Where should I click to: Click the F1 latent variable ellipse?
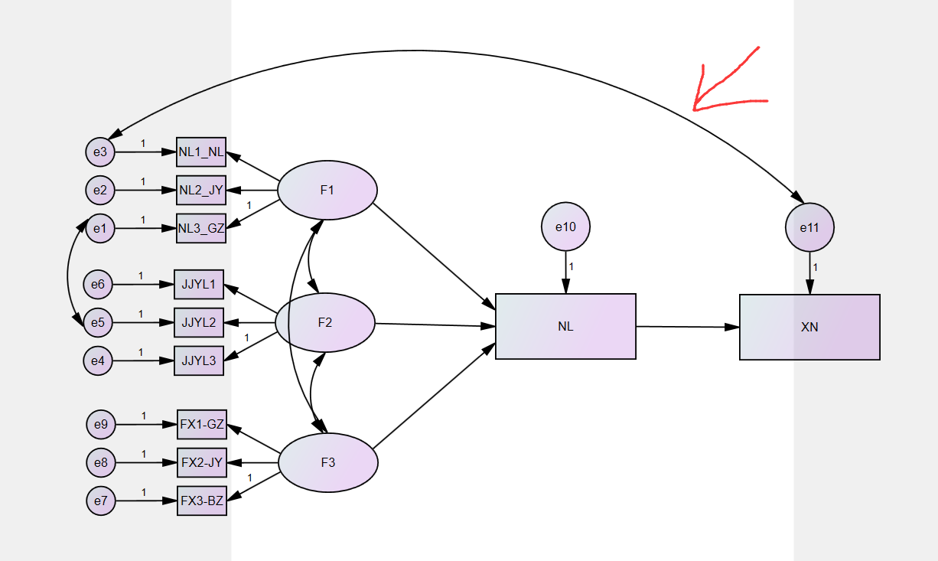(327, 191)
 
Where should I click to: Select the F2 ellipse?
(325, 323)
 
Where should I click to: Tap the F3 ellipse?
(327, 462)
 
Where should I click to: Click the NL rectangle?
(565, 327)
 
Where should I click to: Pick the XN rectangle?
(809, 327)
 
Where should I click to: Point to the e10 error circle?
(565, 227)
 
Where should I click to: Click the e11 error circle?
(809, 227)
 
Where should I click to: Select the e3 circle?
(100, 152)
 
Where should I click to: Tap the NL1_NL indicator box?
(201, 152)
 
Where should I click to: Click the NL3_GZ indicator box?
(201, 228)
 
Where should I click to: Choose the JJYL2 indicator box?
(199, 322)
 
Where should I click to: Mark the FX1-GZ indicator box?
(202, 424)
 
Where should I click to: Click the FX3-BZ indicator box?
(202, 501)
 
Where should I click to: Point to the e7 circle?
(100, 501)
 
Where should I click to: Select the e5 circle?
(98, 322)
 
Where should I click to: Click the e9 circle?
(100, 424)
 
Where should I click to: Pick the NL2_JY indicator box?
(201, 190)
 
